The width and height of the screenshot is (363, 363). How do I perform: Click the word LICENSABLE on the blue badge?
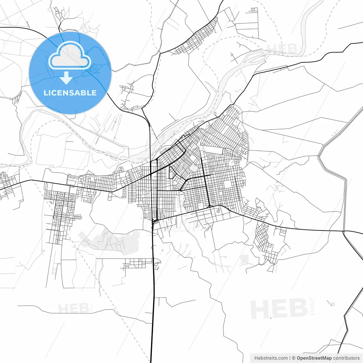coord(70,93)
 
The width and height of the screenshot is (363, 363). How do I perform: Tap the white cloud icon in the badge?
coord(70,55)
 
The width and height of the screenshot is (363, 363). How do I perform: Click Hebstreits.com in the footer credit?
coord(271,358)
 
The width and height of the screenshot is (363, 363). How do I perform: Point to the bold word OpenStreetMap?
coord(314,358)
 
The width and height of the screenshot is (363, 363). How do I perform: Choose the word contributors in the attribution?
coord(346,358)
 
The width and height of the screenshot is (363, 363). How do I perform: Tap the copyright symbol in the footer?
coord(294,358)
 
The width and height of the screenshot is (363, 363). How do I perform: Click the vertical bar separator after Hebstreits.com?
coord(290,358)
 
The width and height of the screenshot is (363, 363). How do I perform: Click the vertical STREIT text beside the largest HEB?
coord(313,306)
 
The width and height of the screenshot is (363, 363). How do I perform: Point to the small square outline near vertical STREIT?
coord(333,304)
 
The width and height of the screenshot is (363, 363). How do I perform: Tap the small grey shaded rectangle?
coord(244,259)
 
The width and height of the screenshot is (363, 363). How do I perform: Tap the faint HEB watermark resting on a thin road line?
coord(73,308)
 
